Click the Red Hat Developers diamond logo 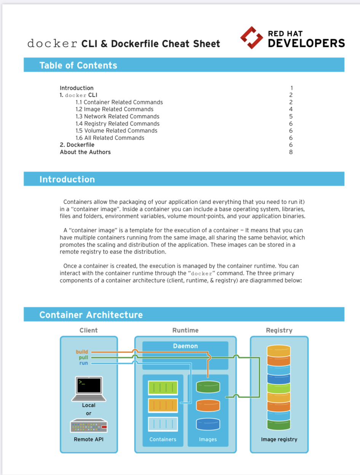click(252, 38)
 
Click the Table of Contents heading click(78, 65)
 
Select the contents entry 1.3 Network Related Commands click(117, 116)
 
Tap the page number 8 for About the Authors click(291, 152)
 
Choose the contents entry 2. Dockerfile click(77, 145)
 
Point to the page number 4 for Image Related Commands click(291, 109)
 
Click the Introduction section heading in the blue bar click(67, 180)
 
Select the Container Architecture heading click(91, 315)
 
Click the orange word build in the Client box click(82, 352)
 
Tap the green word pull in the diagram click(83, 357)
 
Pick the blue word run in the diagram click(84, 363)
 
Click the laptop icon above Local click(89, 389)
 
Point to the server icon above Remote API click(89, 426)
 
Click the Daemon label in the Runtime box click(185, 346)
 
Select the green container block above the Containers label click(163, 388)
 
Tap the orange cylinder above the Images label click(208, 405)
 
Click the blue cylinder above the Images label click(208, 424)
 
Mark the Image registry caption click(279, 439)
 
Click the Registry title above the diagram click(279, 330)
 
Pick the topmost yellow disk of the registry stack click(279, 350)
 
